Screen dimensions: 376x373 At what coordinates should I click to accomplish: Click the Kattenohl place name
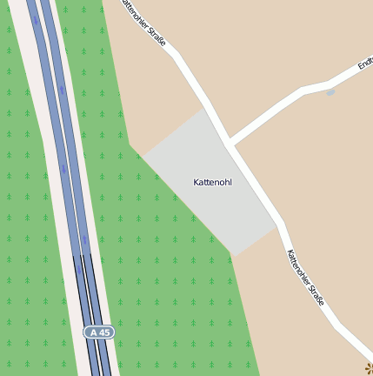[x=212, y=182]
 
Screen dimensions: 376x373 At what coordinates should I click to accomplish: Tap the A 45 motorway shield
[x=98, y=332]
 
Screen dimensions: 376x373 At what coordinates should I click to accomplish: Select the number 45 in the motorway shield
[x=103, y=332]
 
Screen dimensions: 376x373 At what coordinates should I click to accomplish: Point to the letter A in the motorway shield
[x=91, y=332]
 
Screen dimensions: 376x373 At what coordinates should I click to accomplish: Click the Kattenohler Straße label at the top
[x=144, y=20]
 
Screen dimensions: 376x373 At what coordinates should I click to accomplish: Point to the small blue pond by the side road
[x=330, y=91]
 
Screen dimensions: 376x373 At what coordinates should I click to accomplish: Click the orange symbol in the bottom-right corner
[x=369, y=369]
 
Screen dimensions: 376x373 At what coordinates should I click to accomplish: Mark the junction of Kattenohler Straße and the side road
[x=230, y=142]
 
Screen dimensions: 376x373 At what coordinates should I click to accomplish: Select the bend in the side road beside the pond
[x=304, y=90]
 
